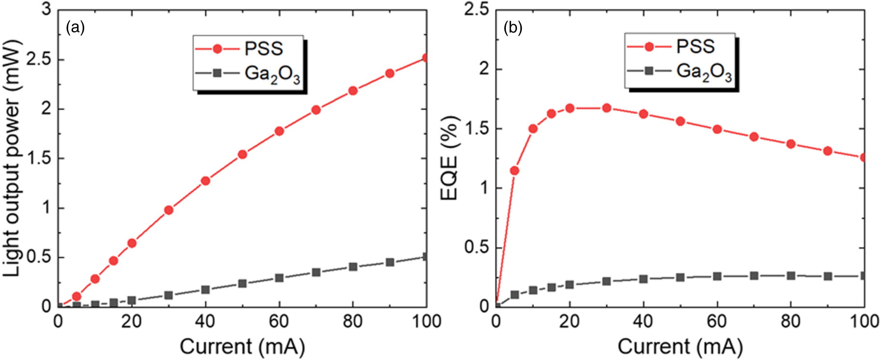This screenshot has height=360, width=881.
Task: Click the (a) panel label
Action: click(75, 28)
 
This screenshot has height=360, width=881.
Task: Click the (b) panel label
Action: click(513, 28)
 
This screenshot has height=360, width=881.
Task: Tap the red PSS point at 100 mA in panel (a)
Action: click(425, 58)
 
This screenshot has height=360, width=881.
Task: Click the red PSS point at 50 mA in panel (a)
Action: click(243, 154)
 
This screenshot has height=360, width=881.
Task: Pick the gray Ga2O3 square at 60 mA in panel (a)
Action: click(279, 278)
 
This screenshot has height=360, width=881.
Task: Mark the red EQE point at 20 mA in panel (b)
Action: click(570, 108)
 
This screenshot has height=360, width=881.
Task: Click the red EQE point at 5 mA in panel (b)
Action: click(515, 170)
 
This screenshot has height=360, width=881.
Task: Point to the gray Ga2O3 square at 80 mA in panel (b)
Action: click(791, 276)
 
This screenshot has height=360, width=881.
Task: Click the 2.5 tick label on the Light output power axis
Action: click(39, 60)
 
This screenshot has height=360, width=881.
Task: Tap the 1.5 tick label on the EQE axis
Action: click(476, 129)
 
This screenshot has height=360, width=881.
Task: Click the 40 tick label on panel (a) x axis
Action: click(205, 321)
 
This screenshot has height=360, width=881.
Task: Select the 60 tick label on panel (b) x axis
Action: click(716, 321)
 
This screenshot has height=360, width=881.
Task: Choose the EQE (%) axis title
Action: click(449, 159)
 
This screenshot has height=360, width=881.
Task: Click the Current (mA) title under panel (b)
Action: click(680, 346)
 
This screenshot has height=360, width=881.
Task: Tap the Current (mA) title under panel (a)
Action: click(242, 346)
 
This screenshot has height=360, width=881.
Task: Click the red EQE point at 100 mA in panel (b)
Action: click(864, 157)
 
